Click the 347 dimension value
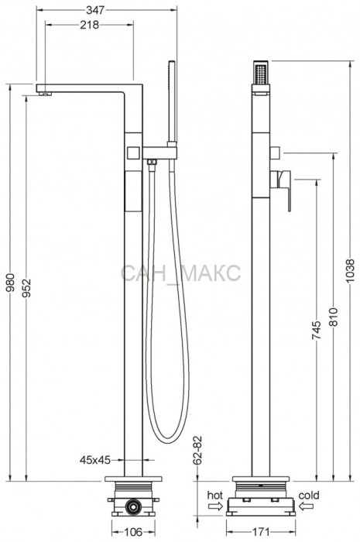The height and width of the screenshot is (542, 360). tap(95, 10)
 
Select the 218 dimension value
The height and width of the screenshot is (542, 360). tap(89, 25)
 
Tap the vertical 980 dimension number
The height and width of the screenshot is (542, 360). tap(11, 283)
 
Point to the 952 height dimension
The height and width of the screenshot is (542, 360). tap(26, 288)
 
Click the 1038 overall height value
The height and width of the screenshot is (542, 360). tap(350, 270)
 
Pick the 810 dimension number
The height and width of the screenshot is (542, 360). tap(333, 317)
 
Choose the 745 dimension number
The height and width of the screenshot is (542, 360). tap(317, 330)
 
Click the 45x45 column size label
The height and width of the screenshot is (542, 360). tap(95, 460)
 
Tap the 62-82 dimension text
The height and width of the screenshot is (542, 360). tap(197, 450)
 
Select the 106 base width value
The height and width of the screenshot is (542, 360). tap(133, 532)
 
